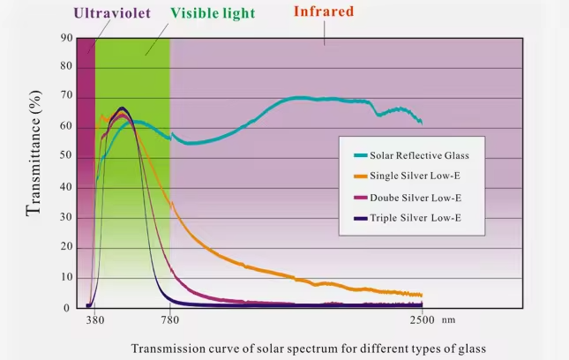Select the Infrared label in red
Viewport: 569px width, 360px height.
[x=324, y=11]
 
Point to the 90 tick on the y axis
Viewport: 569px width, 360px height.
[x=66, y=39]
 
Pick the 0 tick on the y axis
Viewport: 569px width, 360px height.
[x=69, y=308]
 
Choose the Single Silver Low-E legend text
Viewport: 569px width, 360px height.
[x=416, y=176]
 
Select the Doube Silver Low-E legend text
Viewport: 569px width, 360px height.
[x=416, y=196]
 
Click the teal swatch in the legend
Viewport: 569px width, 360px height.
[x=360, y=155]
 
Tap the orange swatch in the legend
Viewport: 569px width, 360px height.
[x=360, y=176]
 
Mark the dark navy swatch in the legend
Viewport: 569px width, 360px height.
[x=360, y=216]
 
